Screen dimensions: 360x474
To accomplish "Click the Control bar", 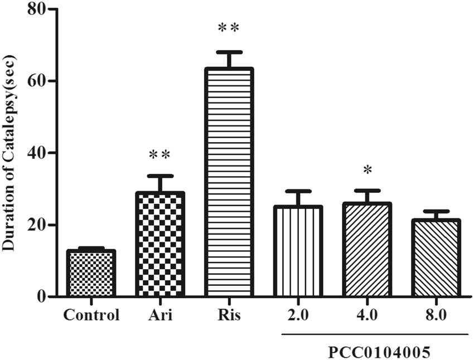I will pyautogui.click(x=91, y=273).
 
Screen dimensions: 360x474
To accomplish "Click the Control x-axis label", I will pyautogui.click(x=91, y=315).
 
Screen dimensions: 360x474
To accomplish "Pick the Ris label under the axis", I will pyautogui.click(x=229, y=315).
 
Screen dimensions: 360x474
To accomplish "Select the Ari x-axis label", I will pyautogui.click(x=160, y=315).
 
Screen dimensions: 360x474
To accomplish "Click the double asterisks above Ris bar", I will pyautogui.click(x=229, y=28).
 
